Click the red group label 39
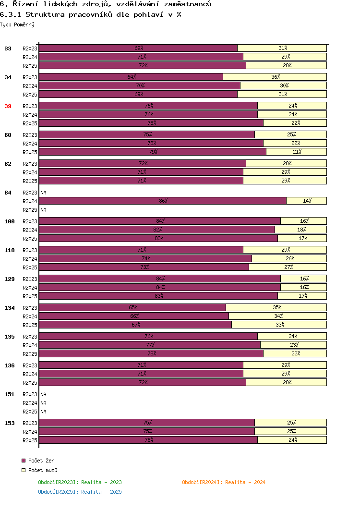pos(8,106)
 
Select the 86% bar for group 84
pos(163,201)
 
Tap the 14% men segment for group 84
pos(307,201)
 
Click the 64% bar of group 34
pos(131,77)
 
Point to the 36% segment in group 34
pos(275,77)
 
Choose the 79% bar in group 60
pos(153,152)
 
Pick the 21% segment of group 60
pos(297,152)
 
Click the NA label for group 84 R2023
pos(43,193)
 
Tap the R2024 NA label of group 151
pos(43,403)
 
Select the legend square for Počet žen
pos(24,461)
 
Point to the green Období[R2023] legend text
pos(80,482)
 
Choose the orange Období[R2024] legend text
pos(224,482)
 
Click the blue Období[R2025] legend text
pos(80,492)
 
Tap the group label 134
pos(10,308)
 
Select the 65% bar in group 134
pos(132,307)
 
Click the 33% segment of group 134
pos(279,325)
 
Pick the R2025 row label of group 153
pos(30,440)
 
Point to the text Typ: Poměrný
pos(17,24)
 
